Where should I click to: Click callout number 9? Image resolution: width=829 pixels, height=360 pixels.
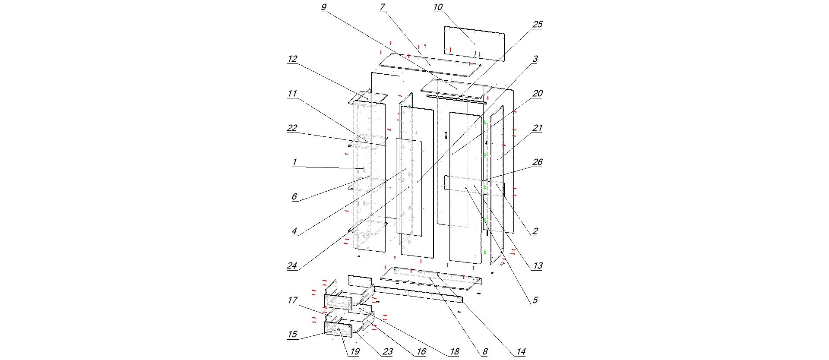[x=324, y=7]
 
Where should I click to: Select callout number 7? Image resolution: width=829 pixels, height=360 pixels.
[x=382, y=7]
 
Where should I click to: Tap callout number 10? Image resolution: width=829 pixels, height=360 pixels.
[x=438, y=7]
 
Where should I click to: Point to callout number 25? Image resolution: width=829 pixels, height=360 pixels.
[x=537, y=25]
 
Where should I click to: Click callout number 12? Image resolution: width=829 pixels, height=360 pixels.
[x=292, y=59]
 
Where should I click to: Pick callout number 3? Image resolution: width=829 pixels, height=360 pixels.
[x=535, y=59]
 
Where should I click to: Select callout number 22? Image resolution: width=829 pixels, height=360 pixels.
[x=292, y=128]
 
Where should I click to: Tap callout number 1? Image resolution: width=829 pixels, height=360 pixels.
[x=294, y=163]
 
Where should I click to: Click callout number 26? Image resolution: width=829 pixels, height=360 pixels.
[x=537, y=162]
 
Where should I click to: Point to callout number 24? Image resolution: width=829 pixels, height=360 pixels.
[x=292, y=266]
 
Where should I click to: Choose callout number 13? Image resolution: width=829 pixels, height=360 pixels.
[x=538, y=266]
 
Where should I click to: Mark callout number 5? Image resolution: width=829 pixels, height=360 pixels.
[x=535, y=300]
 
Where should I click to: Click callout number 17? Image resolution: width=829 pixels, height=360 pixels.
[x=292, y=300]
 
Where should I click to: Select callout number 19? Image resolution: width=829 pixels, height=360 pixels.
[x=354, y=352]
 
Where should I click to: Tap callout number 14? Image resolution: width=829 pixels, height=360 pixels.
[x=521, y=352]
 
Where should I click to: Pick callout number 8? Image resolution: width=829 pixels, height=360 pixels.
[x=485, y=352]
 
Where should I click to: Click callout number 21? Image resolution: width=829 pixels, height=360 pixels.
[x=537, y=128]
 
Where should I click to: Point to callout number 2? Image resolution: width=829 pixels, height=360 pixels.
[x=535, y=231]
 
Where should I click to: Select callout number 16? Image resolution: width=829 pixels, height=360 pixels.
[x=421, y=352]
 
